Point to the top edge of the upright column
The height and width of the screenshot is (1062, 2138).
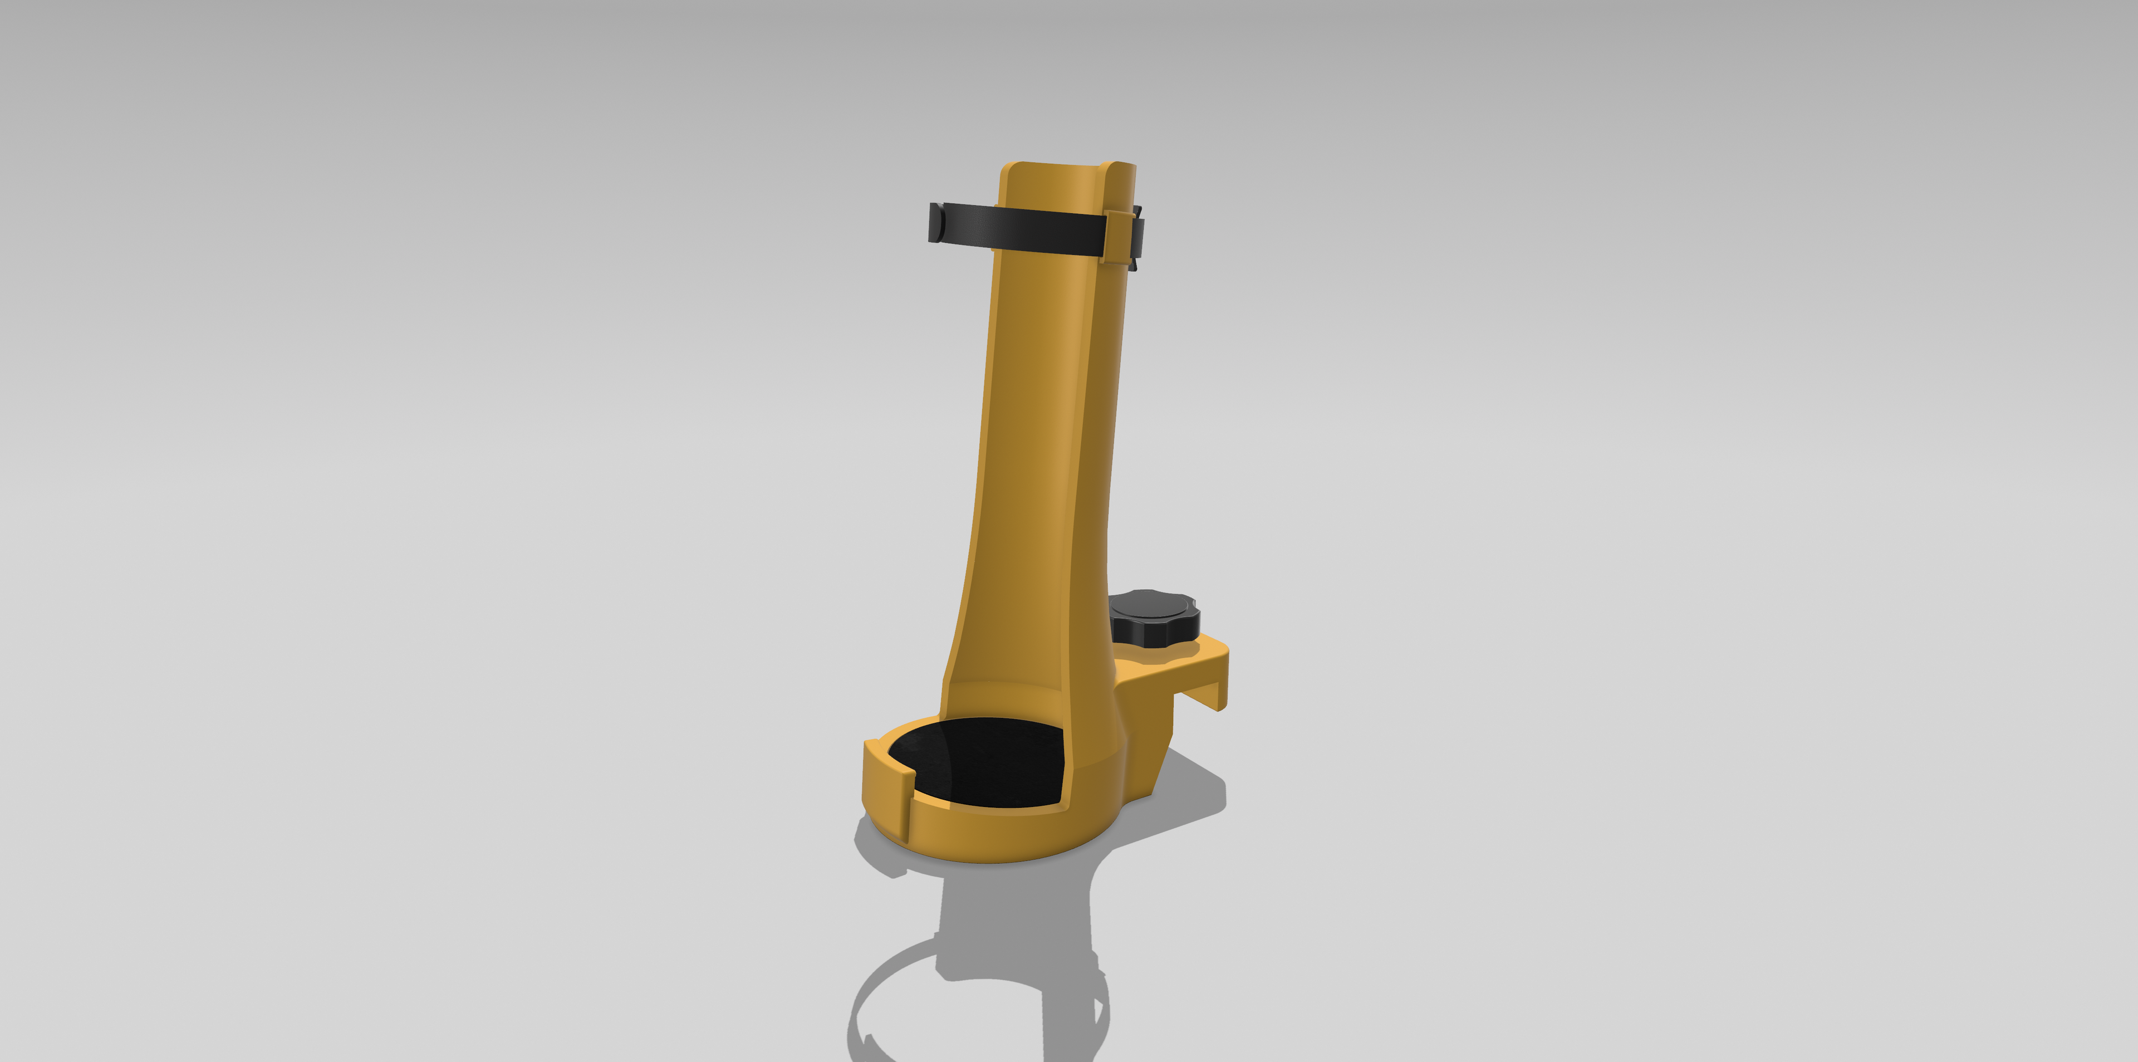pos(1067,164)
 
